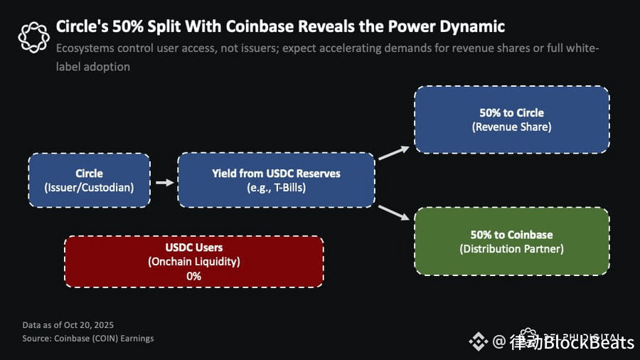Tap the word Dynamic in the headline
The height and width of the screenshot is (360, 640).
472,27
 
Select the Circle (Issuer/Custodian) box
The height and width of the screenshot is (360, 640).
90,180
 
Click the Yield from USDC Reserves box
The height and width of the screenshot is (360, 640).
276,180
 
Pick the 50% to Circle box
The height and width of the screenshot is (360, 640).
511,120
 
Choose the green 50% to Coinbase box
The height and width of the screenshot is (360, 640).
511,241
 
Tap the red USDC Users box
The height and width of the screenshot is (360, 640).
194,261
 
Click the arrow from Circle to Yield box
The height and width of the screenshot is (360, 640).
164,182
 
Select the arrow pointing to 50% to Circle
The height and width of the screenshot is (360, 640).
394,153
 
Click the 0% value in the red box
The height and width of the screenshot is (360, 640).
194,275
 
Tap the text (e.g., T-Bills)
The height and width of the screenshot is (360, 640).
276,187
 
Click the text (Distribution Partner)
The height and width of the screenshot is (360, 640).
511,249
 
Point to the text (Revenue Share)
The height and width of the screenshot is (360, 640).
511,127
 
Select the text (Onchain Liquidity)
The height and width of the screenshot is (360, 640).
194,262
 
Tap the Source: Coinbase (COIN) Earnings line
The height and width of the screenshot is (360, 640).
87,338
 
